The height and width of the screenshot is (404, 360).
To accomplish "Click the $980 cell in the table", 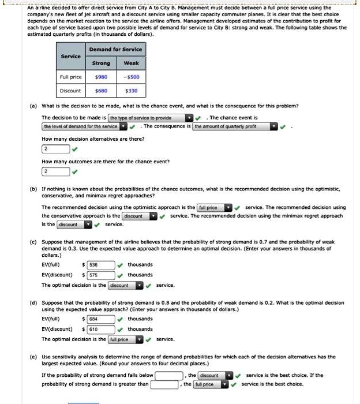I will (x=101, y=76).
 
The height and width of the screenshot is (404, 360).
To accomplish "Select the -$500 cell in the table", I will (x=131, y=76).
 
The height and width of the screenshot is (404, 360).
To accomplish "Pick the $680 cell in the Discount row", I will (x=101, y=91).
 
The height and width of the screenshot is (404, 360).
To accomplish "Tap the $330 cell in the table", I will (x=131, y=91).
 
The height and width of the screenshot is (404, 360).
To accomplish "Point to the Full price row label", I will (x=71, y=76).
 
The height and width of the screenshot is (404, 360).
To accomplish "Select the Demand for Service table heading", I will (x=116, y=50).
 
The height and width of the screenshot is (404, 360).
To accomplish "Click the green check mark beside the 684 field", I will (x=120, y=319).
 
